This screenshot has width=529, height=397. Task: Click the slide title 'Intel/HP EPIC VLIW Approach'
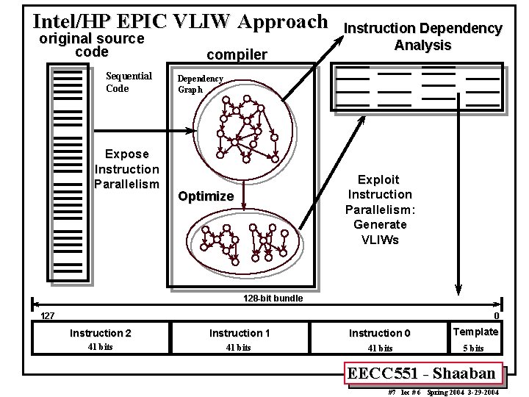click(181, 21)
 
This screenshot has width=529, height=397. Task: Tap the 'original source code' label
click(91, 45)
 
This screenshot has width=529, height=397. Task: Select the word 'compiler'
click(237, 54)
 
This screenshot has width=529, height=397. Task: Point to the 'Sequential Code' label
click(129, 82)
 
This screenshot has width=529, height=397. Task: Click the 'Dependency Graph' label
click(201, 84)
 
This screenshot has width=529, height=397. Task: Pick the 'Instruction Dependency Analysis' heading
click(423, 37)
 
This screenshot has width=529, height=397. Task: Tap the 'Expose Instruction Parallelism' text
click(126, 169)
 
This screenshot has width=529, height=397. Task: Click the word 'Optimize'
click(206, 196)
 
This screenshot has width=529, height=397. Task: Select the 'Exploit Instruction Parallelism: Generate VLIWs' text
click(380, 210)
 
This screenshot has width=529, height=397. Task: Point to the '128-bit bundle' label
click(273, 298)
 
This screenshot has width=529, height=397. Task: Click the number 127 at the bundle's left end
click(47, 316)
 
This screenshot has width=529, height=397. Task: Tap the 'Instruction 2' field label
click(101, 333)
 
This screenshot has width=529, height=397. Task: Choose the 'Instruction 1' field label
click(240, 333)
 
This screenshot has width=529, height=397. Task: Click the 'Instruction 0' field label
click(380, 333)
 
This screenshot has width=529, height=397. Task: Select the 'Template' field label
click(476, 332)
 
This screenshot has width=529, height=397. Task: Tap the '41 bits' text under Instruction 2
click(100, 347)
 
